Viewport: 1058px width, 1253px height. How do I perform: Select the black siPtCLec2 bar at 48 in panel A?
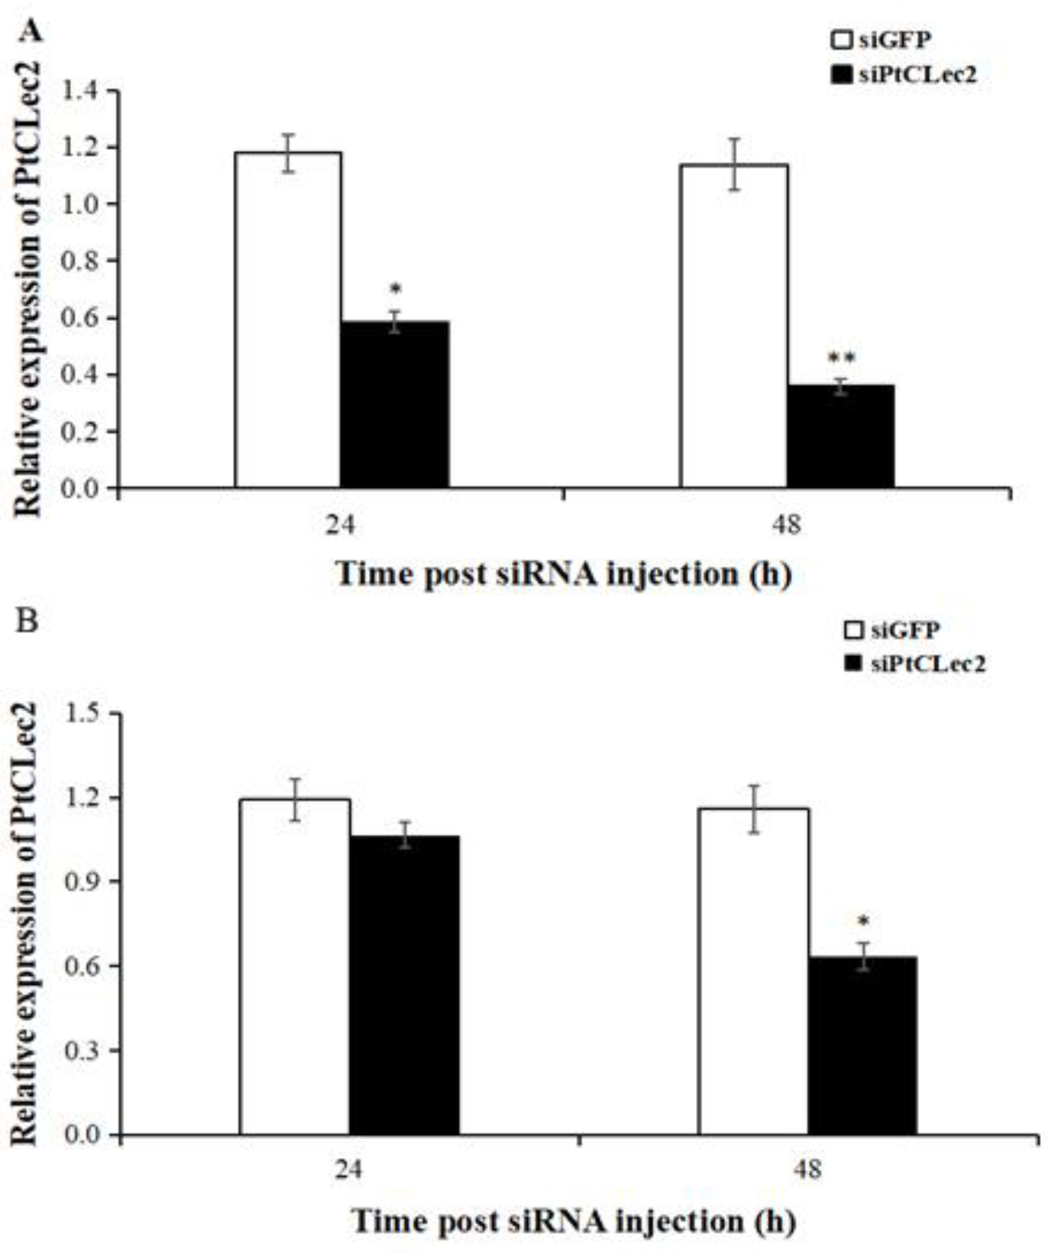click(840, 436)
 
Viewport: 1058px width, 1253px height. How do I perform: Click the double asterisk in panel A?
click(841, 359)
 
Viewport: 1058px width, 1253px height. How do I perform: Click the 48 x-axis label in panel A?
click(787, 526)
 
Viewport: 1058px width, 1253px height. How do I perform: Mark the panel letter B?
click(28, 621)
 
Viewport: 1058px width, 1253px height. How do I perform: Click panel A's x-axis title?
click(564, 574)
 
